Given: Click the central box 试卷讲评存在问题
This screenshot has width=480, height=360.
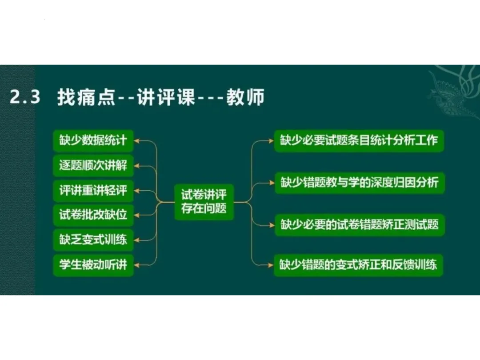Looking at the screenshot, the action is (x=204, y=202).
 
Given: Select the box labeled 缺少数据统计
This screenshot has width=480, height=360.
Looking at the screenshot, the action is (x=93, y=141).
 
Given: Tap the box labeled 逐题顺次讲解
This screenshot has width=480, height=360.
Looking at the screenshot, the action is (x=93, y=166).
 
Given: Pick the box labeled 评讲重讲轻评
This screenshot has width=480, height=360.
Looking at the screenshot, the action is (x=93, y=191).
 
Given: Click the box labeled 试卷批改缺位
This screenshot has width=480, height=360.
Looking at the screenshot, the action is (x=93, y=215).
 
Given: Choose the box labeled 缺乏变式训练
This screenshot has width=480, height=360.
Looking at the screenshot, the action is (x=93, y=240).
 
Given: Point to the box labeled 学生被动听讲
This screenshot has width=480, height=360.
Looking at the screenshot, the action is (x=93, y=265).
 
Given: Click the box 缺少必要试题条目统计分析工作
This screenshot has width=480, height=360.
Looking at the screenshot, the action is (x=359, y=141).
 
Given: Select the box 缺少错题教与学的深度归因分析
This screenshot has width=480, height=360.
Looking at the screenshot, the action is (x=359, y=182).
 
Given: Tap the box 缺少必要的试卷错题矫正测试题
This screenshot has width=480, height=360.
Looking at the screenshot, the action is (x=359, y=224).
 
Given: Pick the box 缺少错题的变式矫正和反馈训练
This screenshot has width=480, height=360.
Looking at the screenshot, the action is (x=359, y=265).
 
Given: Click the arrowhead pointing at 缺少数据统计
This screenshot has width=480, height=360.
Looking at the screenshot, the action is (x=137, y=141).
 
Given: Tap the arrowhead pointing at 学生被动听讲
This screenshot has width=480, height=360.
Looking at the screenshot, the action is (x=137, y=265).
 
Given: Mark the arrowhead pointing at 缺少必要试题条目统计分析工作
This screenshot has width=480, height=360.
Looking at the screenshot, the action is (x=271, y=141).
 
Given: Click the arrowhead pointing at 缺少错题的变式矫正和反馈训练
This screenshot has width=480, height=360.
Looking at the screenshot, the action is (x=271, y=265).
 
